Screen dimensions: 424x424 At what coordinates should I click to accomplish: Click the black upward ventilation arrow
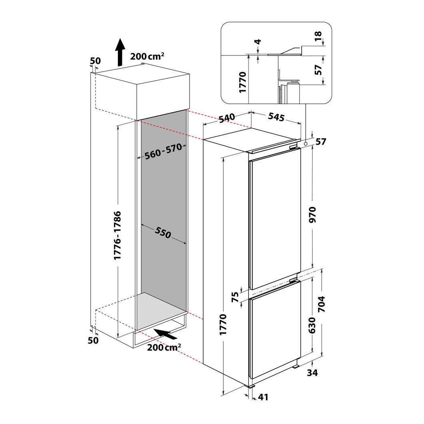[x=119, y=52]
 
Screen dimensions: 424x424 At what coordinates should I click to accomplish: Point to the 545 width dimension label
[x=276, y=117]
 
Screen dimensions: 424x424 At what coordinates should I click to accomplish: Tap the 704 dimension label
[x=322, y=304]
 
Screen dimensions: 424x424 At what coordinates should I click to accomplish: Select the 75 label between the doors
[x=235, y=297]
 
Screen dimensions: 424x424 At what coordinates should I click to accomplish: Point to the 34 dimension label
[x=313, y=373]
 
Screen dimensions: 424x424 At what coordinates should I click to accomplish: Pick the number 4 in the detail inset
[x=257, y=42]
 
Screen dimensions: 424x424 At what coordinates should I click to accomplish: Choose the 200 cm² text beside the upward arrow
[x=147, y=57]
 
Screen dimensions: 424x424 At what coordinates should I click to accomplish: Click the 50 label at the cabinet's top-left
[x=95, y=61]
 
